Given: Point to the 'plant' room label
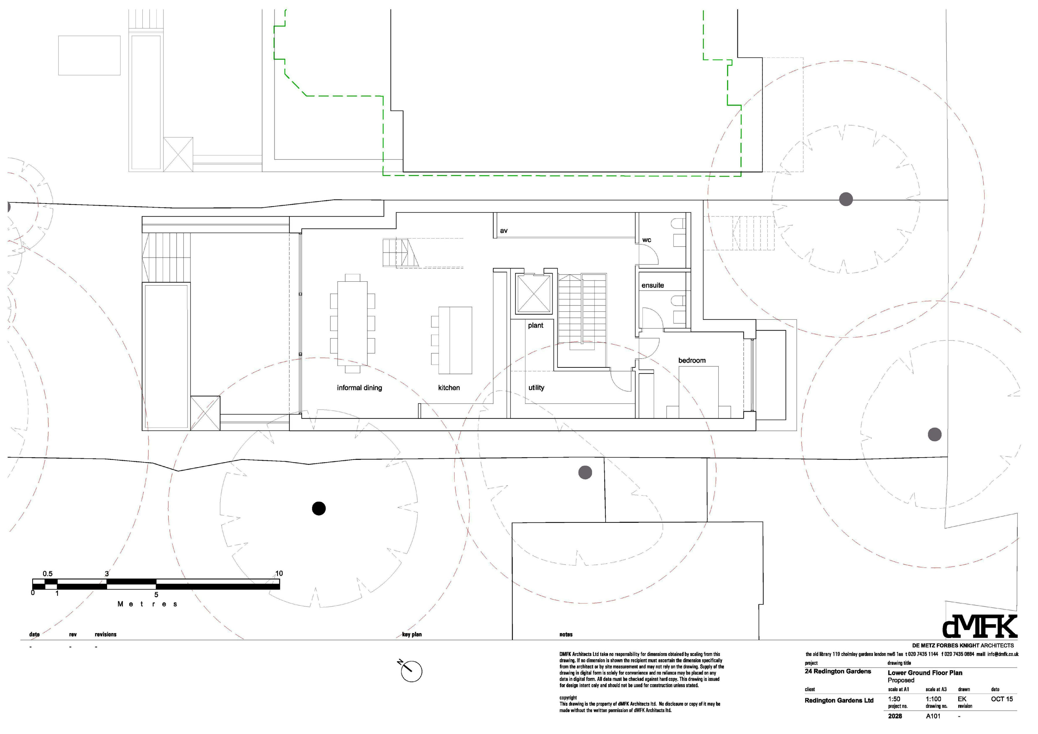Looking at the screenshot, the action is tap(536, 326).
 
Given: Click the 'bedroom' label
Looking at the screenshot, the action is tap(692, 360).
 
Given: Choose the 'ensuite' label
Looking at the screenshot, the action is tap(653, 285).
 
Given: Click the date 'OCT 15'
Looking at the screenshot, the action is tap(1002, 699).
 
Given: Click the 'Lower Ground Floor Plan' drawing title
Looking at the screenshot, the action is tap(925, 673).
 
